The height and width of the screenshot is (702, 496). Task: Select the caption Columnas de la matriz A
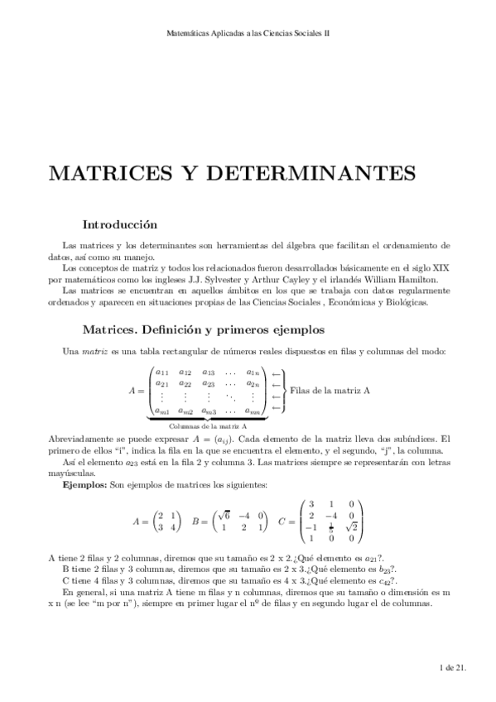point(205,424)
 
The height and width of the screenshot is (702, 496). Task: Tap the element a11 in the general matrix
point(161,372)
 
